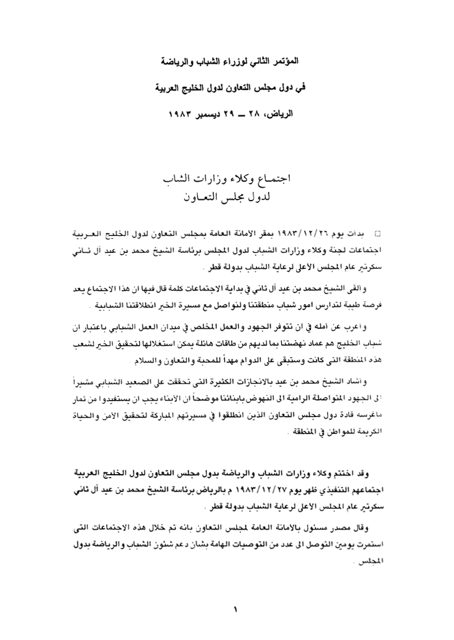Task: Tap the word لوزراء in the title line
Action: pyautogui.click(x=228, y=61)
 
